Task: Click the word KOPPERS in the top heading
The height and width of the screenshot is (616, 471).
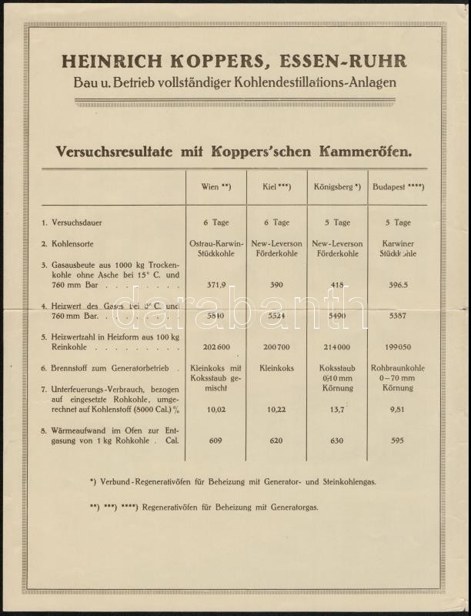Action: (207, 61)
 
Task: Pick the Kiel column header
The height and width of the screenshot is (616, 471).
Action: (275, 187)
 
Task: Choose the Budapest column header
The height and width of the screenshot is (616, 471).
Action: (397, 187)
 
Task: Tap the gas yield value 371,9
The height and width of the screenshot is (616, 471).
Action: (216, 285)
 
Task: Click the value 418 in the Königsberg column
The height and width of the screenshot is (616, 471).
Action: (337, 285)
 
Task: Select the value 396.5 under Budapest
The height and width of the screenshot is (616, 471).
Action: (398, 285)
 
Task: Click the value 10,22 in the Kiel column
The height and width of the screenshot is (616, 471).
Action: (276, 410)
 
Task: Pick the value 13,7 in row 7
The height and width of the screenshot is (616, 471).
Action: (337, 410)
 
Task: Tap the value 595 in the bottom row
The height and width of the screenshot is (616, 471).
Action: (398, 441)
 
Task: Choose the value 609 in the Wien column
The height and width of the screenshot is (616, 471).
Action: (216, 441)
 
